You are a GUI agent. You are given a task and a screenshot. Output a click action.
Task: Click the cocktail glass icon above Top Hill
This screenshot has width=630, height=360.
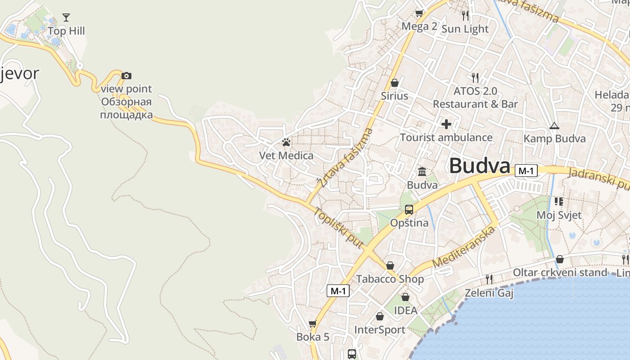[x=66, y=18]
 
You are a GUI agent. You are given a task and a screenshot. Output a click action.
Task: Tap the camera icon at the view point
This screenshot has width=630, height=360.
[x=126, y=76]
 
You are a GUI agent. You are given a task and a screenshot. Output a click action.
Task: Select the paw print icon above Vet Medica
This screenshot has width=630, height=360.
[x=286, y=143]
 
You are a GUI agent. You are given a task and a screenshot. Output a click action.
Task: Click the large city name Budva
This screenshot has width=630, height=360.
[x=480, y=166]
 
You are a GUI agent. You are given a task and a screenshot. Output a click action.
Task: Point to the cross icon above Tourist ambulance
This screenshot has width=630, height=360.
[x=446, y=124]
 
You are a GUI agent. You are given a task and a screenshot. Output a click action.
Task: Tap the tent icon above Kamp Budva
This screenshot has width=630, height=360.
[x=554, y=126]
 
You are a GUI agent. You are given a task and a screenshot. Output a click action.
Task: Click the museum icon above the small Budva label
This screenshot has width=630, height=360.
[x=422, y=171]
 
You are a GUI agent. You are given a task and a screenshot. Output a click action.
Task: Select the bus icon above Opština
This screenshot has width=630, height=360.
[x=409, y=209]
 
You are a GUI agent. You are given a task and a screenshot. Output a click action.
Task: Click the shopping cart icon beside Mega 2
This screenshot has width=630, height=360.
[x=419, y=13]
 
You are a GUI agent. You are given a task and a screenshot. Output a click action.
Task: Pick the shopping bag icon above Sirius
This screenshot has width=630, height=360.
[x=395, y=83]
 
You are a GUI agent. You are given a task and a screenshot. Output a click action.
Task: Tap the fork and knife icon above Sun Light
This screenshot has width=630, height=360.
[x=465, y=16]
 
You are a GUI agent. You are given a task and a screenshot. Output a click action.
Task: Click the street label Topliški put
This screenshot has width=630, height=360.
[x=338, y=228]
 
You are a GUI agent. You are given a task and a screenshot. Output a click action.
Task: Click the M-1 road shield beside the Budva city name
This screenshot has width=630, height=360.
[x=526, y=171]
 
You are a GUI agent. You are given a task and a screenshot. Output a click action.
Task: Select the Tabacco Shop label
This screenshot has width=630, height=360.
[x=390, y=279]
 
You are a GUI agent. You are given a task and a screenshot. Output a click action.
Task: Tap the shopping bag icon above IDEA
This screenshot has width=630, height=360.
[x=405, y=297]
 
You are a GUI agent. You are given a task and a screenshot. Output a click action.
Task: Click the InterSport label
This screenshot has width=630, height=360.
[x=380, y=330]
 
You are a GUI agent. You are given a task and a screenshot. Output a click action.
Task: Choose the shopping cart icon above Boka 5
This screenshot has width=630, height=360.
[x=313, y=324]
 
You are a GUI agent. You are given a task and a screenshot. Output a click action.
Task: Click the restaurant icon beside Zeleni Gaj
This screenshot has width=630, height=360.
[x=489, y=279]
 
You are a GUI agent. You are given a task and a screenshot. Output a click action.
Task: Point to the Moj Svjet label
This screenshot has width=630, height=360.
[x=559, y=215]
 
